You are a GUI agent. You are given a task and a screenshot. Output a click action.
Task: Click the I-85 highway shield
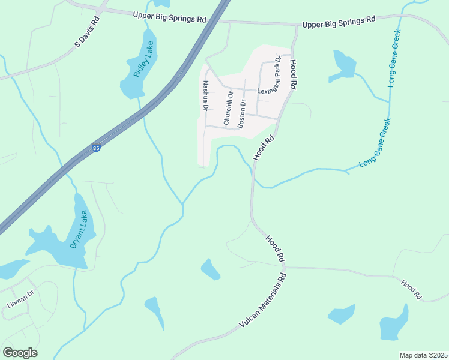pyautogui.click(x=96, y=148)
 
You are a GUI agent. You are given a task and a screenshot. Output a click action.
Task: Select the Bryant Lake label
pyautogui.click(x=79, y=229)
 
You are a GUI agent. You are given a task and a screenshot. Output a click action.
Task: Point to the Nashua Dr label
pyautogui.click(x=205, y=96)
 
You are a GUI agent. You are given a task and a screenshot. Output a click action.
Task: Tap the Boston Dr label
pyautogui.click(x=242, y=113)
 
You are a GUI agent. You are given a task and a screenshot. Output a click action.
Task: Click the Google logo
pyautogui.click(x=20, y=353)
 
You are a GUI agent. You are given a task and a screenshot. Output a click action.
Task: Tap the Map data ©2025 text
pyautogui.click(x=423, y=355)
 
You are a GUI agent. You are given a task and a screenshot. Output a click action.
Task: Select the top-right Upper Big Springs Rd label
pyautogui.click(x=339, y=22)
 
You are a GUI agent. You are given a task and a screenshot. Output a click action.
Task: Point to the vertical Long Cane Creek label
pyautogui.click(x=395, y=58)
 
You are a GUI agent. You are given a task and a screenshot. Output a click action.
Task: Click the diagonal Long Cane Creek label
pyautogui.click(x=375, y=143)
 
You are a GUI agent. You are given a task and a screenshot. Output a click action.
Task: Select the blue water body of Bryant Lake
pyautogui.click(x=60, y=243)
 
